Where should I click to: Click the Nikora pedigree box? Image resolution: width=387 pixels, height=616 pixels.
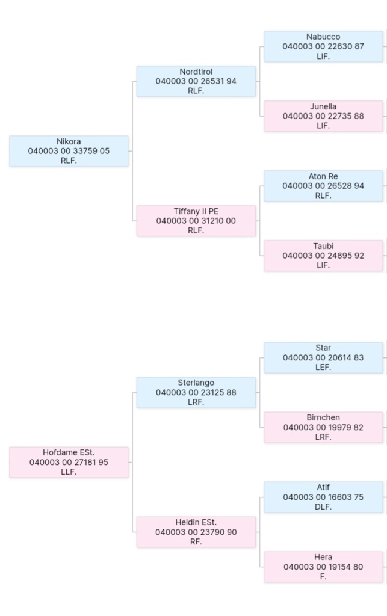(x=69, y=151)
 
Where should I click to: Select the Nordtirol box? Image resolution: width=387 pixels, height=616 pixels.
(x=196, y=81)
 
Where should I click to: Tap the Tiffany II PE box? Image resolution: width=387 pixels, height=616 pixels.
(x=196, y=221)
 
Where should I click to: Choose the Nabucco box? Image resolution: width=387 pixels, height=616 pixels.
(x=323, y=46)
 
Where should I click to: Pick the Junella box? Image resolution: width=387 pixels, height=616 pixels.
(x=323, y=116)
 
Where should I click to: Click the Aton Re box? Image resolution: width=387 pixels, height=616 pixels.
(x=323, y=186)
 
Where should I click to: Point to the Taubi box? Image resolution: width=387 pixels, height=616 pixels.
(x=323, y=256)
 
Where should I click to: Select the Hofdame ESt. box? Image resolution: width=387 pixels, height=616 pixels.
(x=69, y=462)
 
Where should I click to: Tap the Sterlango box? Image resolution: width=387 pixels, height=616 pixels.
(x=196, y=392)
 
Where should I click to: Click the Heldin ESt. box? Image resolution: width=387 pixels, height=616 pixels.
(x=196, y=532)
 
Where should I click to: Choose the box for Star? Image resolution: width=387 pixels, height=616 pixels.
(x=323, y=357)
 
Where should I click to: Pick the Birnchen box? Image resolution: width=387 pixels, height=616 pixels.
(x=323, y=427)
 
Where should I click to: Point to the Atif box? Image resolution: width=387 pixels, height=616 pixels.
(x=323, y=497)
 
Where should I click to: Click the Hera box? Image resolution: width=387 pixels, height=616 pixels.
(x=323, y=567)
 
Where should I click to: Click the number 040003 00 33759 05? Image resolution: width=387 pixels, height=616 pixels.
(x=69, y=151)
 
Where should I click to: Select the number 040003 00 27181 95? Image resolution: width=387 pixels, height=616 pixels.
(x=69, y=462)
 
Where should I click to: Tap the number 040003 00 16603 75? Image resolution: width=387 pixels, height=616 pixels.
(x=323, y=497)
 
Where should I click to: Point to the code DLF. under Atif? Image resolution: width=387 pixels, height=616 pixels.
(x=323, y=507)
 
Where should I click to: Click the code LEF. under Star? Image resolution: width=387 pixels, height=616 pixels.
(x=323, y=367)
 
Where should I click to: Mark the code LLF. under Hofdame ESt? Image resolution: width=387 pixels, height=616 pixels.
(x=69, y=472)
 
